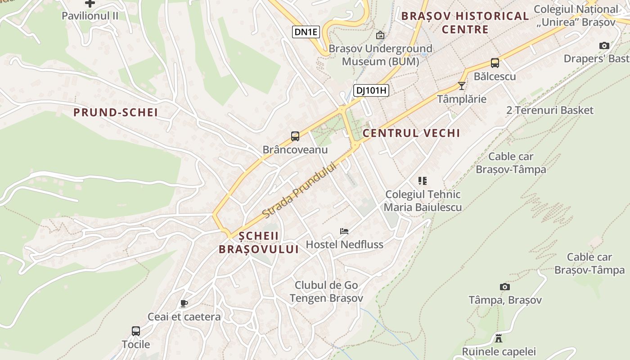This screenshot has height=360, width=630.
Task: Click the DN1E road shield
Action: (x=306, y=32)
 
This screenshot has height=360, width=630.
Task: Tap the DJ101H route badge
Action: (x=371, y=90)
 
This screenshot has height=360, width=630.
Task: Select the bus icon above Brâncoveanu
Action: (x=295, y=136)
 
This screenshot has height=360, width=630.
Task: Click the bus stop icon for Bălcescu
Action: (x=495, y=63)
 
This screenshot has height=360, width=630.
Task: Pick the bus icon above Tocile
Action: (x=136, y=331)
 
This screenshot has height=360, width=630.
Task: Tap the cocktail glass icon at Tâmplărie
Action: (x=461, y=85)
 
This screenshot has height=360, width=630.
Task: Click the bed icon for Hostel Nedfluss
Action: (x=344, y=231)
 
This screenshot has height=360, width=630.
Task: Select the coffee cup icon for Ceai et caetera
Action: (x=184, y=303)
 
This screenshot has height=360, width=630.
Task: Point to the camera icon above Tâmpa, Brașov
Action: (x=505, y=287)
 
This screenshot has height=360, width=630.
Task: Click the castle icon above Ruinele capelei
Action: (x=499, y=338)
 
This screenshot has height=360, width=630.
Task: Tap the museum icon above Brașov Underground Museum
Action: (x=380, y=35)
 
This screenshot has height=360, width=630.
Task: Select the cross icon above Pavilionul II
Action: (x=90, y=4)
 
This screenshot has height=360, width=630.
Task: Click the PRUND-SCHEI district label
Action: (x=116, y=112)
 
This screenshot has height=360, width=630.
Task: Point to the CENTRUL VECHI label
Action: (x=411, y=133)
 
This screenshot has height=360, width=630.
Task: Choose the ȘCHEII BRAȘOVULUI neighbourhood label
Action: (x=259, y=243)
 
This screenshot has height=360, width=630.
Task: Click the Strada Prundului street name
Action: (x=299, y=189)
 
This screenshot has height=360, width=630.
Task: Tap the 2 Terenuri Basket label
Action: (x=550, y=110)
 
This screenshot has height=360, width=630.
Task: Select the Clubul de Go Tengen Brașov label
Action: (x=326, y=292)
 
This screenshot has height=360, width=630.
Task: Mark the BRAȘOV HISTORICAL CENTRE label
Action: (x=465, y=22)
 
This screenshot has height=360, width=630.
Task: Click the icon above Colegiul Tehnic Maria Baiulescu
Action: (x=422, y=181)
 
